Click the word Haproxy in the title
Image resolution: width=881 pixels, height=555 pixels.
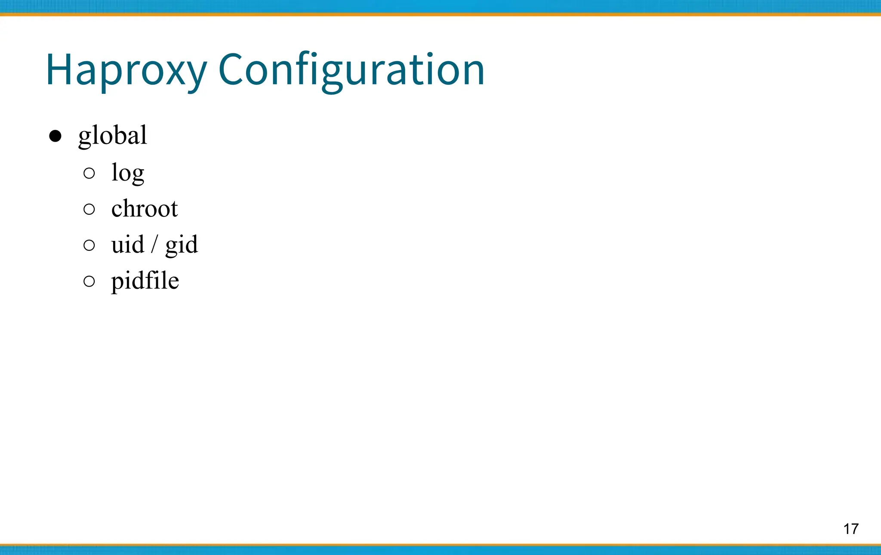(126, 70)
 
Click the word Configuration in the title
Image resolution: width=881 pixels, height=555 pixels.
(351, 70)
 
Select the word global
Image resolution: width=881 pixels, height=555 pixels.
(113, 136)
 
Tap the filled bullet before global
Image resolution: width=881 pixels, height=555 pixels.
(55, 136)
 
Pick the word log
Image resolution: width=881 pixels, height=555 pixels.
(128, 173)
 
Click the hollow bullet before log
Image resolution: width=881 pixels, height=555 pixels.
(89, 173)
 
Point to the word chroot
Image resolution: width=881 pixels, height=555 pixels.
(145, 209)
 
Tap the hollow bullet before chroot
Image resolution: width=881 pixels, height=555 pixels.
(89, 210)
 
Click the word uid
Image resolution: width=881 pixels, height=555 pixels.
(127, 244)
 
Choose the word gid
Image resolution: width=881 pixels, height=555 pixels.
(182, 245)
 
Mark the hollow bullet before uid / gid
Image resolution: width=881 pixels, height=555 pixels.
(89, 245)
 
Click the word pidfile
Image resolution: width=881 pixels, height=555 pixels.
(145, 281)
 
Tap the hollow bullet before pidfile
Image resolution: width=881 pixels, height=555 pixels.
(89, 281)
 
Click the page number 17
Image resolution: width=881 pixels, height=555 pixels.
(851, 529)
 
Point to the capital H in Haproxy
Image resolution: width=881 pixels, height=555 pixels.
(59, 69)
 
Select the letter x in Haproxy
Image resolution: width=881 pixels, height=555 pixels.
(174, 72)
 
